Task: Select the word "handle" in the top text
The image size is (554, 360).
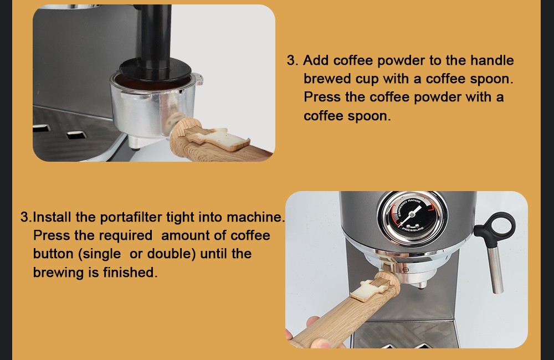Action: (x=492, y=60)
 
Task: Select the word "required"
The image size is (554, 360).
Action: (x=125, y=235)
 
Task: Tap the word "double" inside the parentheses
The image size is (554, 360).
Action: (x=172, y=254)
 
